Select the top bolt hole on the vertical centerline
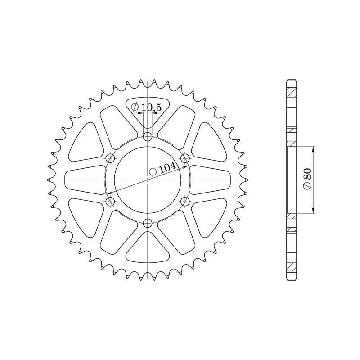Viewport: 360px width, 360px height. (x=148, y=136)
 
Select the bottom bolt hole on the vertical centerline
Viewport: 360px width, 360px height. (x=148, y=222)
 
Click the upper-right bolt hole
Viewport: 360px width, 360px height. (x=185, y=158)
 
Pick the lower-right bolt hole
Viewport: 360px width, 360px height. (x=185, y=201)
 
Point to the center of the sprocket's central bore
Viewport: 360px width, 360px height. (x=148, y=180)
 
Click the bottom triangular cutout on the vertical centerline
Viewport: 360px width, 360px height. (x=148, y=250)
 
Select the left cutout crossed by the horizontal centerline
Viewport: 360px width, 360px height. (x=85, y=180)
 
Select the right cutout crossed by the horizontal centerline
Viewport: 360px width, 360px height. (x=211, y=180)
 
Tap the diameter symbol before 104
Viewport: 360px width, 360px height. (x=153, y=171)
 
